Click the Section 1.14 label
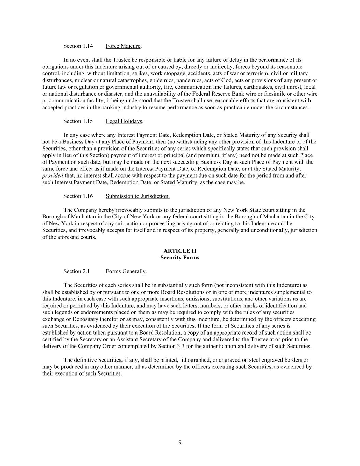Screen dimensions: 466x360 tap(78, 46)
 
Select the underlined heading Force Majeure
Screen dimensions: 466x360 tap(123, 46)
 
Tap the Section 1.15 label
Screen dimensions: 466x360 tap(78, 121)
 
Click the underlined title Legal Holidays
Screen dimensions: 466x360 tap(124, 121)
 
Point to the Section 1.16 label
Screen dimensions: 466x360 tap(78, 196)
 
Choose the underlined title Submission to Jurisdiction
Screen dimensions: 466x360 tap(138, 196)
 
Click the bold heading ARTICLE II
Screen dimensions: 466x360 tap(180, 251)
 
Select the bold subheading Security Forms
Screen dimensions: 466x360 tap(180, 258)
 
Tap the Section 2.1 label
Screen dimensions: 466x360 tap(76, 271)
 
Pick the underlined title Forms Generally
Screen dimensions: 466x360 tap(126, 271)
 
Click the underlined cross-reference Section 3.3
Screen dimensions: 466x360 tap(171, 346)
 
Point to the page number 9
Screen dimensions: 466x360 tap(180, 443)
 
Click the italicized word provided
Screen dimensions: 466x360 tap(53, 175)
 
